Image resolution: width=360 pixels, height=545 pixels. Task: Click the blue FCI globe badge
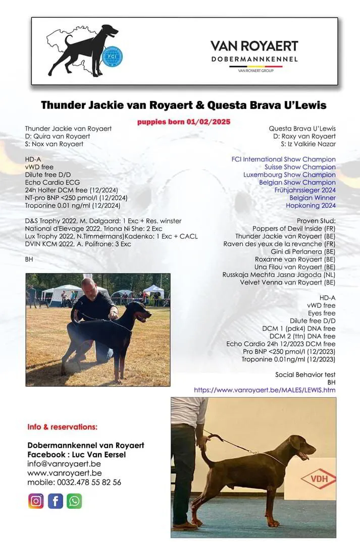click(x=110, y=57)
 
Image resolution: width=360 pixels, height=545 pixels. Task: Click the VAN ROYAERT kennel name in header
click(x=254, y=46)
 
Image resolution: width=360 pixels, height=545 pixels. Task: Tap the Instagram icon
click(x=36, y=501)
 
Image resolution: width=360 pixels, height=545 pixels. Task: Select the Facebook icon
click(x=55, y=501)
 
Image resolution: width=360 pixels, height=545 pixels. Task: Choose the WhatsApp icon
click(x=74, y=501)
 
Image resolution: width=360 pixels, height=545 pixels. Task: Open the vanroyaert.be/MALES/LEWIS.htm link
click(x=265, y=390)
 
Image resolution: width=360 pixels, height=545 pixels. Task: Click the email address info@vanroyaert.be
click(x=64, y=464)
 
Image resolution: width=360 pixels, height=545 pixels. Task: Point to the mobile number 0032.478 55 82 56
click(x=74, y=482)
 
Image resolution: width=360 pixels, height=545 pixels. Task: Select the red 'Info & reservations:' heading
click(x=62, y=427)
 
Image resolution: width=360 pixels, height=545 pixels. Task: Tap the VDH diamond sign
click(x=318, y=477)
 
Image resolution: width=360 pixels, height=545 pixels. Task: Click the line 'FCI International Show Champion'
click(x=283, y=159)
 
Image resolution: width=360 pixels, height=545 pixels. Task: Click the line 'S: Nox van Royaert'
click(x=54, y=144)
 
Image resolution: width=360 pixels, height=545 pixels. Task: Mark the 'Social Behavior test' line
click(x=305, y=374)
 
